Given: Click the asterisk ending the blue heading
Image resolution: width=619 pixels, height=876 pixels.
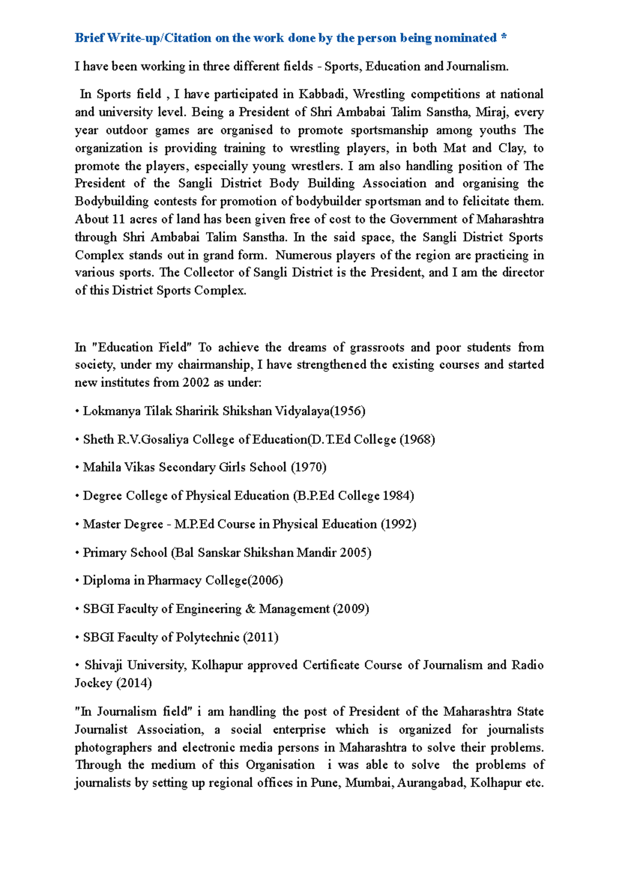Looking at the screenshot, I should click(x=503, y=37).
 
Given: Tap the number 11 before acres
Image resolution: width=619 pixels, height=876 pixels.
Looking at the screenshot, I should click(x=118, y=219).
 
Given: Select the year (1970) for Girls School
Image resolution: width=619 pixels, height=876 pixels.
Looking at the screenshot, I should click(x=308, y=467).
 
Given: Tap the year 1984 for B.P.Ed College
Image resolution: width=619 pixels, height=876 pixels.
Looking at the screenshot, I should click(x=399, y=496).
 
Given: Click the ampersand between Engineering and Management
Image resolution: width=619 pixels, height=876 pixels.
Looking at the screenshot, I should click(x=250, y=609).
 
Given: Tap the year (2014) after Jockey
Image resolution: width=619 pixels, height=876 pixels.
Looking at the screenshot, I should click(x=134, y=683).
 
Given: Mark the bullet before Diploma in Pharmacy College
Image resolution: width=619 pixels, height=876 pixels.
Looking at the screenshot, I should click(x=77, y=581).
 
